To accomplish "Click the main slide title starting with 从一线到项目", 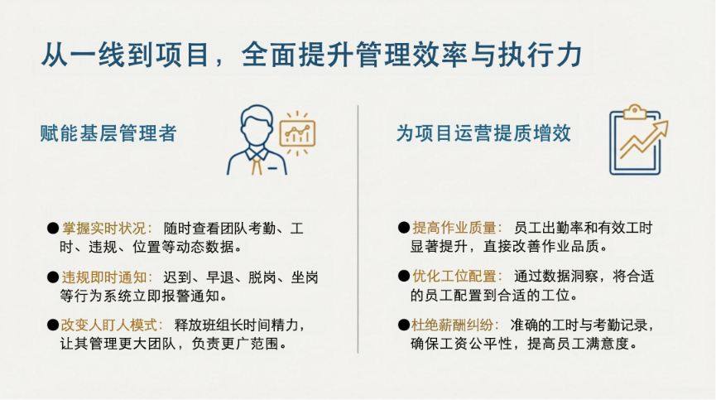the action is click(312, 55).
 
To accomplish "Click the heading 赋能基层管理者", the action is click(108, 133).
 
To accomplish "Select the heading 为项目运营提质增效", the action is click(483, 133).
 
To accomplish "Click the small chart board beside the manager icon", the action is click(297, 133).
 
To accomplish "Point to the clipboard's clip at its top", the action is click(635, 112).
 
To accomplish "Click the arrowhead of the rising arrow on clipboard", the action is click(661, 128).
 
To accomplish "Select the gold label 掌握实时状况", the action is click(103, 229).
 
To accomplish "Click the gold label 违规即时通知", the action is click(104, 277).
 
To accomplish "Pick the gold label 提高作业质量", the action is click(454, 228).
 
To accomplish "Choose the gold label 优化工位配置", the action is click(454, 277).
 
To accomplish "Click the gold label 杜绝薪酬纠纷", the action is click(453, 325).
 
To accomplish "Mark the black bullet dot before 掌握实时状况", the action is click(54, 229).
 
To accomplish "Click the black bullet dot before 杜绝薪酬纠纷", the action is click(404, 325).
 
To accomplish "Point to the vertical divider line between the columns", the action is click(358, 229).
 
